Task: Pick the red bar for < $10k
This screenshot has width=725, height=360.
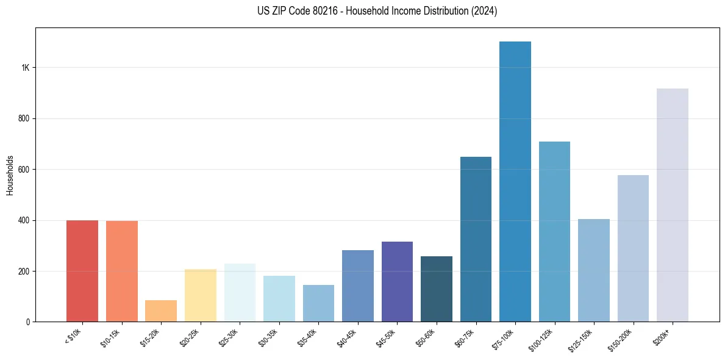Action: pos(82,271)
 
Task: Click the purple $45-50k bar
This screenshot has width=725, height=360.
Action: pos(397,281)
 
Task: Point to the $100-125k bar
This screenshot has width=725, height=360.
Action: pos(554,231)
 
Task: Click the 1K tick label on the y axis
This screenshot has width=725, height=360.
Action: pos(26,68)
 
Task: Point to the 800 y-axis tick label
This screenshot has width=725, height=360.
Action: pos(24,118)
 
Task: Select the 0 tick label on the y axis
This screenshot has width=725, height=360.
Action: pos(28,322)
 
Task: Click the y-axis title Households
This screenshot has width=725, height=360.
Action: pos(10,175)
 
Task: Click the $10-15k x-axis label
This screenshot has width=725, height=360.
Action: pos(110,337)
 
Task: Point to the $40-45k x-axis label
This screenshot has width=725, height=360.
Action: pos(346,337)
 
